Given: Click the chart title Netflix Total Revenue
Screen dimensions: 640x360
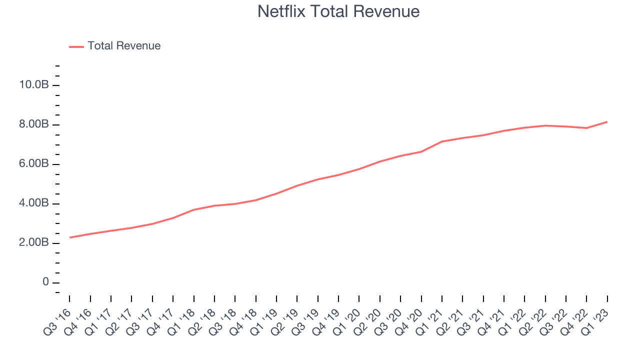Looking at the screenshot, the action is tap(338, 11).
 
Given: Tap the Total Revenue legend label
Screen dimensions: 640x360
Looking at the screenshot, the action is tap(124, 45).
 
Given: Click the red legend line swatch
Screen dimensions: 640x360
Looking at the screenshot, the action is tap(76, 47).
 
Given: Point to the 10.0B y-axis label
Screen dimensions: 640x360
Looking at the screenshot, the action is tap(33, 84).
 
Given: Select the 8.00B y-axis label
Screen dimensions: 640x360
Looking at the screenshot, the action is tap(33, 124).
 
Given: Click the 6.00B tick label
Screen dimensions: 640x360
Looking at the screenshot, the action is tap(33, 163).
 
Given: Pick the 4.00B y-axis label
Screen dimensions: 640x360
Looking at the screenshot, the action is tap(33, 203).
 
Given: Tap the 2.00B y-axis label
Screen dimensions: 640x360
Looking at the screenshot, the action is tap(33, 242).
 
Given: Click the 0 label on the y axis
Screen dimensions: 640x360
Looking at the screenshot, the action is tap(45, 281).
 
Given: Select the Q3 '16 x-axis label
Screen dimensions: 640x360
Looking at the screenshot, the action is tap(57, 322).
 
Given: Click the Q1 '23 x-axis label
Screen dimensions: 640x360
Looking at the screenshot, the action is tap(595, 322).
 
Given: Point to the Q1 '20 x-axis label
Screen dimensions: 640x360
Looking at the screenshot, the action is tap(347, 322).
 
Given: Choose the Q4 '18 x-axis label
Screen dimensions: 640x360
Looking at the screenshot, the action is tap(243, 322).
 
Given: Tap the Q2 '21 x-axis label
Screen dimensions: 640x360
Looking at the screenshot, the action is tap(450, 322).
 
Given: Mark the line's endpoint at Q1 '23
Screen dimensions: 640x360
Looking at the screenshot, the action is tap(607, 122).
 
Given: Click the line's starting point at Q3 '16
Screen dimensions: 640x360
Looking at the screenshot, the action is tap(69, 237).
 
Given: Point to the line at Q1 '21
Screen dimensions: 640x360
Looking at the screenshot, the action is tap(442, 141).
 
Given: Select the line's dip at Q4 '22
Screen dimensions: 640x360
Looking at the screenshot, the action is tap(586, 128).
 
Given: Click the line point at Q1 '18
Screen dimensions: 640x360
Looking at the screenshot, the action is tap(194, 209).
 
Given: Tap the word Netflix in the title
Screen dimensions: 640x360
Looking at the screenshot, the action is tap(281, 11).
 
